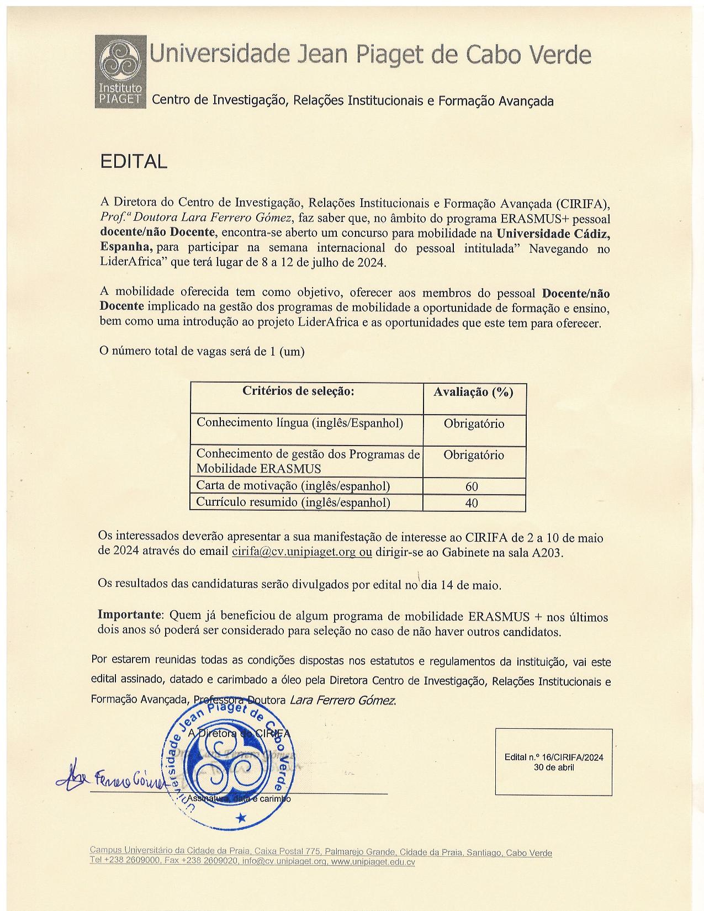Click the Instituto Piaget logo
click(x=120, y=71)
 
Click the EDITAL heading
click(x=133, y=162)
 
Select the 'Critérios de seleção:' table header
click(x=298, y=391)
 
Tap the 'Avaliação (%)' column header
click(x=473, y=392)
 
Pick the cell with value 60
click(x=472, y=486)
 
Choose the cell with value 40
click(x=472, y=503)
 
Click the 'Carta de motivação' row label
click(x=293, y=486)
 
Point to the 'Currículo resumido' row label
click(x=293, y=502)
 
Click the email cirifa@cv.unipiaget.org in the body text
click(x=294, y=552)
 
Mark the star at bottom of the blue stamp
click(x=241, y=817)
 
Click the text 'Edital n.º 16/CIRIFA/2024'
click(x=554, y=757)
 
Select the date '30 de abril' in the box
click(x=554, y=767)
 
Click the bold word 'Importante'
click(x=130, y=615)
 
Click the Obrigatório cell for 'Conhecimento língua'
click(x=474, y=424)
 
